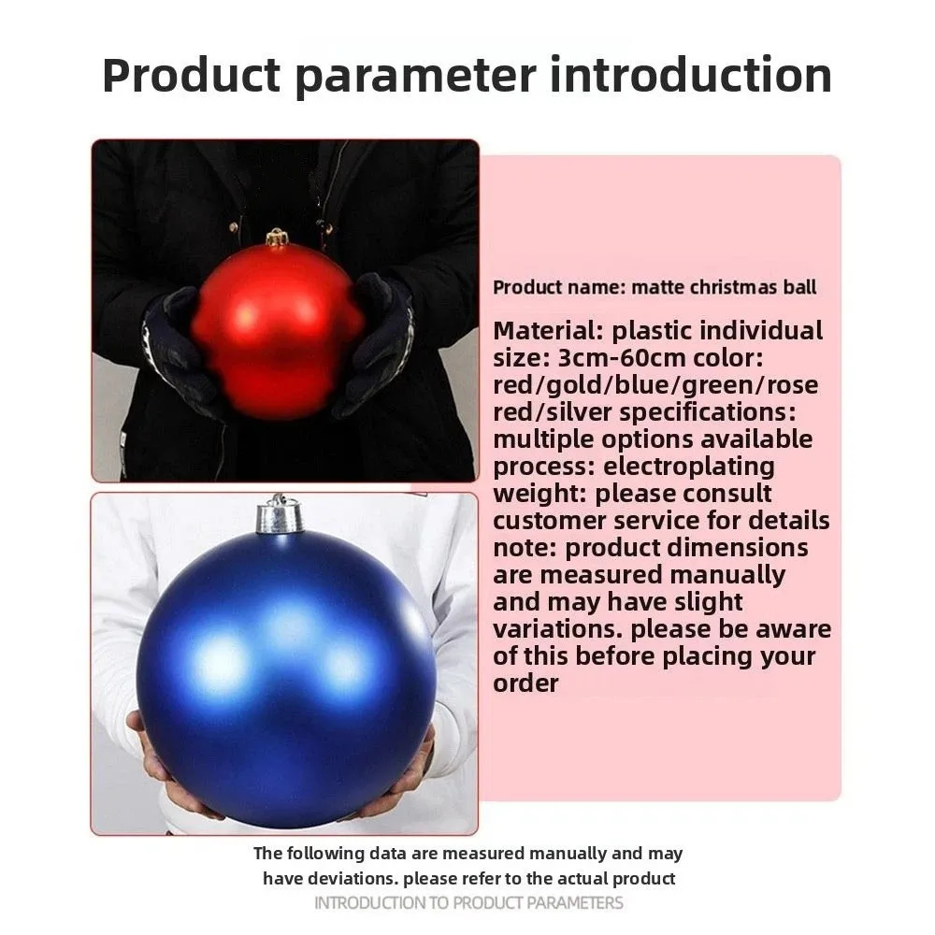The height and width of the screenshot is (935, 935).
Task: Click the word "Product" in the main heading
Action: tap(192, 75)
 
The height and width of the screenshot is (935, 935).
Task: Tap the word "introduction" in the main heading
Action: tap(690, 75)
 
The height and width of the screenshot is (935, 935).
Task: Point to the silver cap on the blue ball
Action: tap(278, 514)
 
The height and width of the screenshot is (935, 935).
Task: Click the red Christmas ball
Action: tap(278, 331)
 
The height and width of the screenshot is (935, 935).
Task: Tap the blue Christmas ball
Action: tap(285, 679)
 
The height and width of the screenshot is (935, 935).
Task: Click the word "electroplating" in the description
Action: tap(689, 467)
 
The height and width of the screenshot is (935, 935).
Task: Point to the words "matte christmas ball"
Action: tap(724, 287)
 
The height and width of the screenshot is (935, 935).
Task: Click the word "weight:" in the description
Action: tap(540, 495)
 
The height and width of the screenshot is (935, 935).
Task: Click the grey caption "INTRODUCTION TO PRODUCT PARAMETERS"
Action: tap(468, 903)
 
